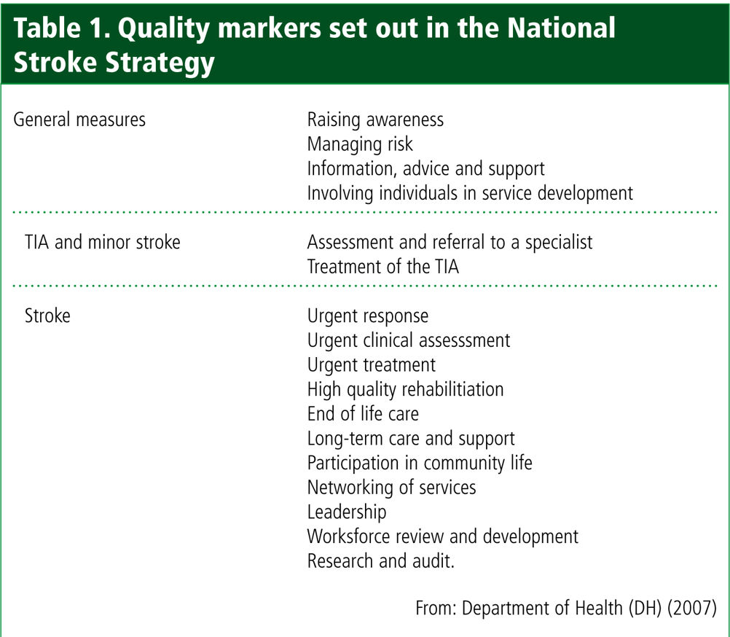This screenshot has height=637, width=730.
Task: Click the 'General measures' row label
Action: [x=79, y=120]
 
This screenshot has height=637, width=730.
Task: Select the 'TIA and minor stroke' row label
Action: [x=103, y=242]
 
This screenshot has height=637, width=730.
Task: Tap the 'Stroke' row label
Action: [x=47, y=316]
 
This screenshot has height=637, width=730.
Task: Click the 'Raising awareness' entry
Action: [x=375, y=120]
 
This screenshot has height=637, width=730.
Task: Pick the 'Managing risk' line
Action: [x=360, y=144]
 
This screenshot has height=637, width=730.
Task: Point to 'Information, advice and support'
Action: [x=425, y=169]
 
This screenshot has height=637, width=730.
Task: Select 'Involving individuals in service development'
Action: [x=470, y=193]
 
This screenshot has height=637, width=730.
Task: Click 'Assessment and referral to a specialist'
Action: [x=450, y=243]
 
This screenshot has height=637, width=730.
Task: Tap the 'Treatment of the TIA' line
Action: [x=382, y=267]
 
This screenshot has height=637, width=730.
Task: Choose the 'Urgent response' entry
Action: [x=368, y=316]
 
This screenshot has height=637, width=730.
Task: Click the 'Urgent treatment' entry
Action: [x=372, y=365]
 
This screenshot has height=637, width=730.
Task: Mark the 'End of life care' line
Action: [x=363, y=414]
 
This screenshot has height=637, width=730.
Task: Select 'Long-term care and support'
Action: [x=411, y=439]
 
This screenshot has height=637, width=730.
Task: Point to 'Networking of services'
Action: [x=391, y=488]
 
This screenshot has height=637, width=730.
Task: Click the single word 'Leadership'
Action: [x=347, y=512]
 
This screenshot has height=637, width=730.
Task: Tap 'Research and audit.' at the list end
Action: [x=381, y=561]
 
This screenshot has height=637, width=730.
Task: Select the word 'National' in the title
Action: [x=561, y=28]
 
